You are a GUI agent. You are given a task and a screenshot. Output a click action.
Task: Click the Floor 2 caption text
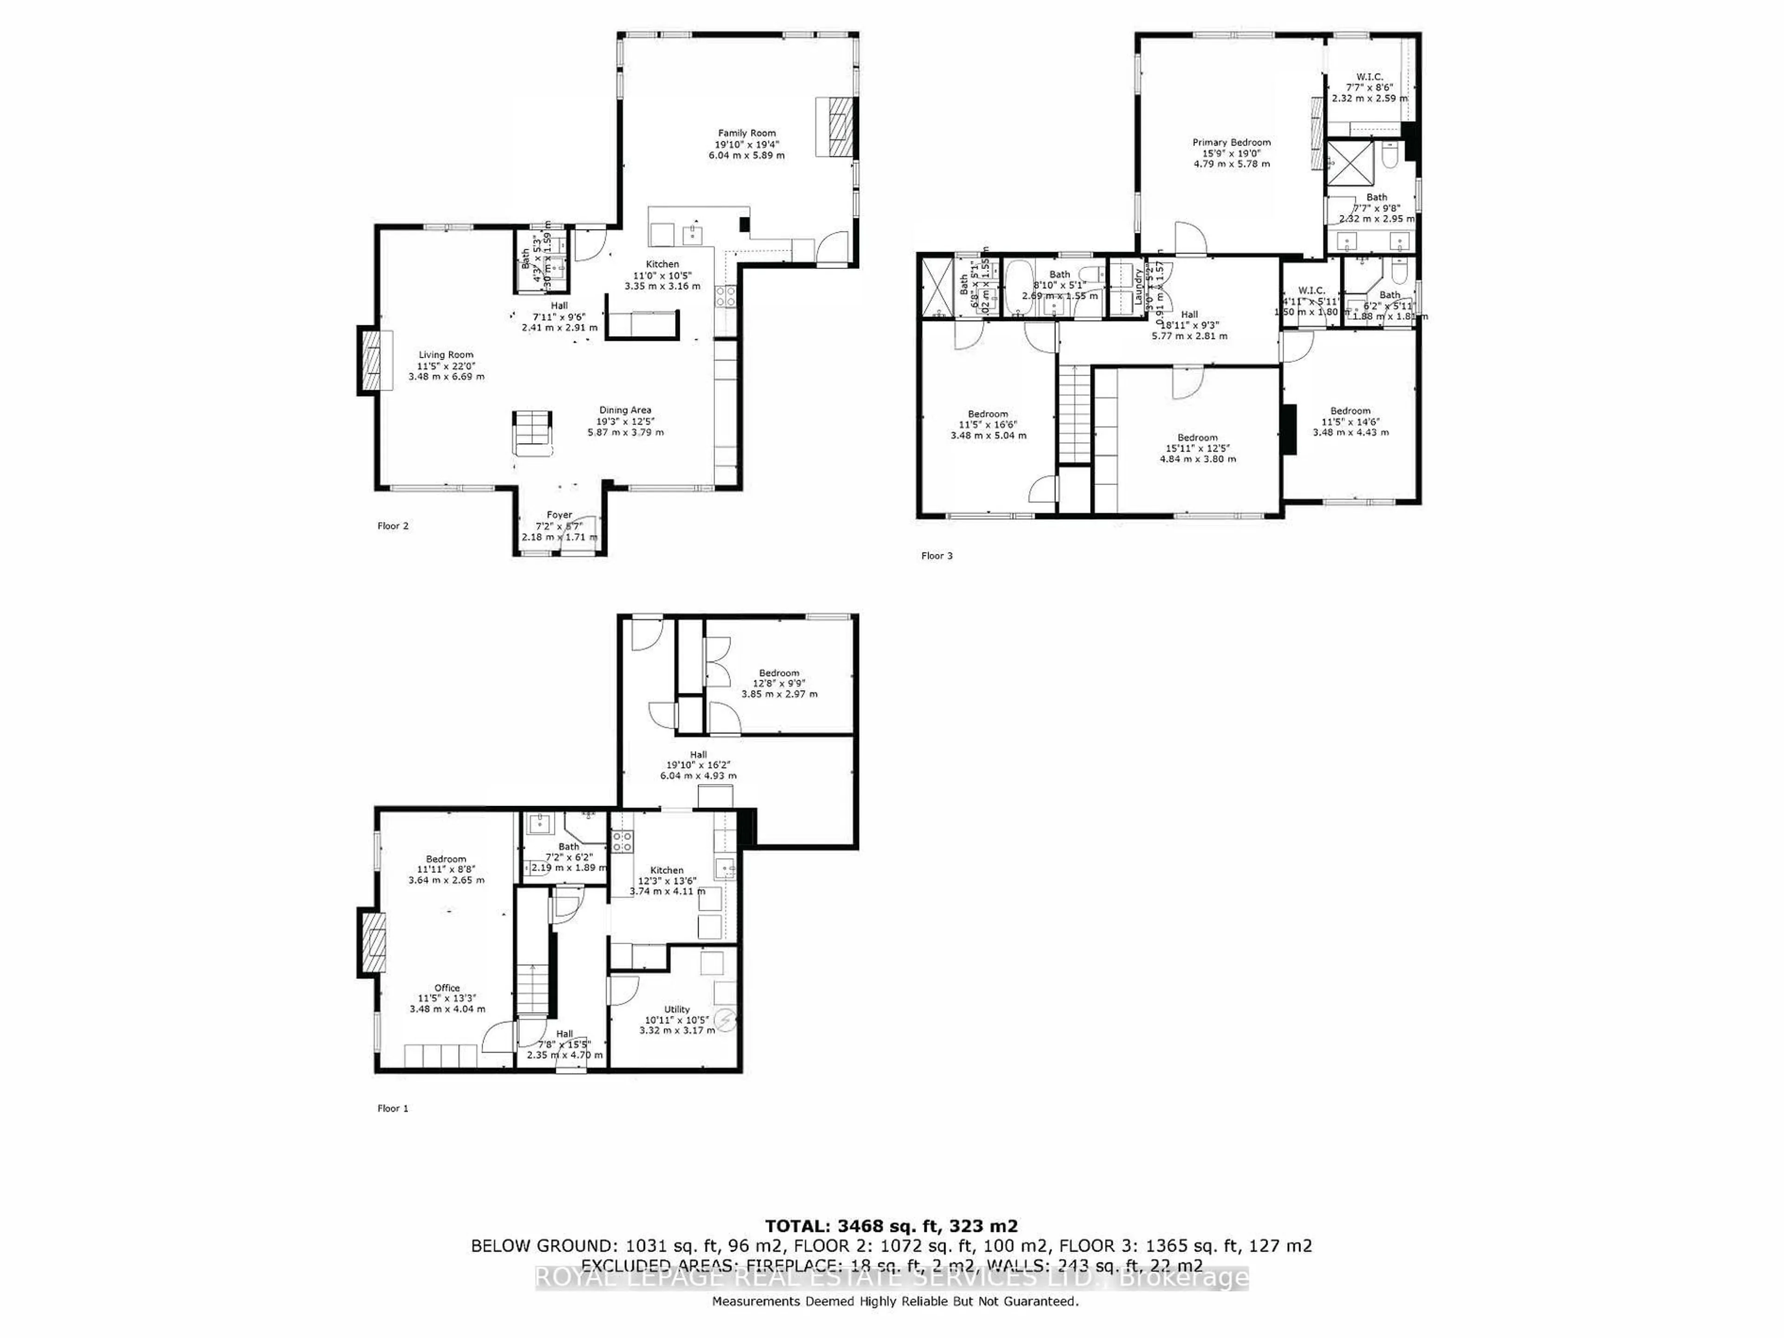click(393, 526)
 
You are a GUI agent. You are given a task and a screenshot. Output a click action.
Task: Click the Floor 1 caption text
click(393, 1108)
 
